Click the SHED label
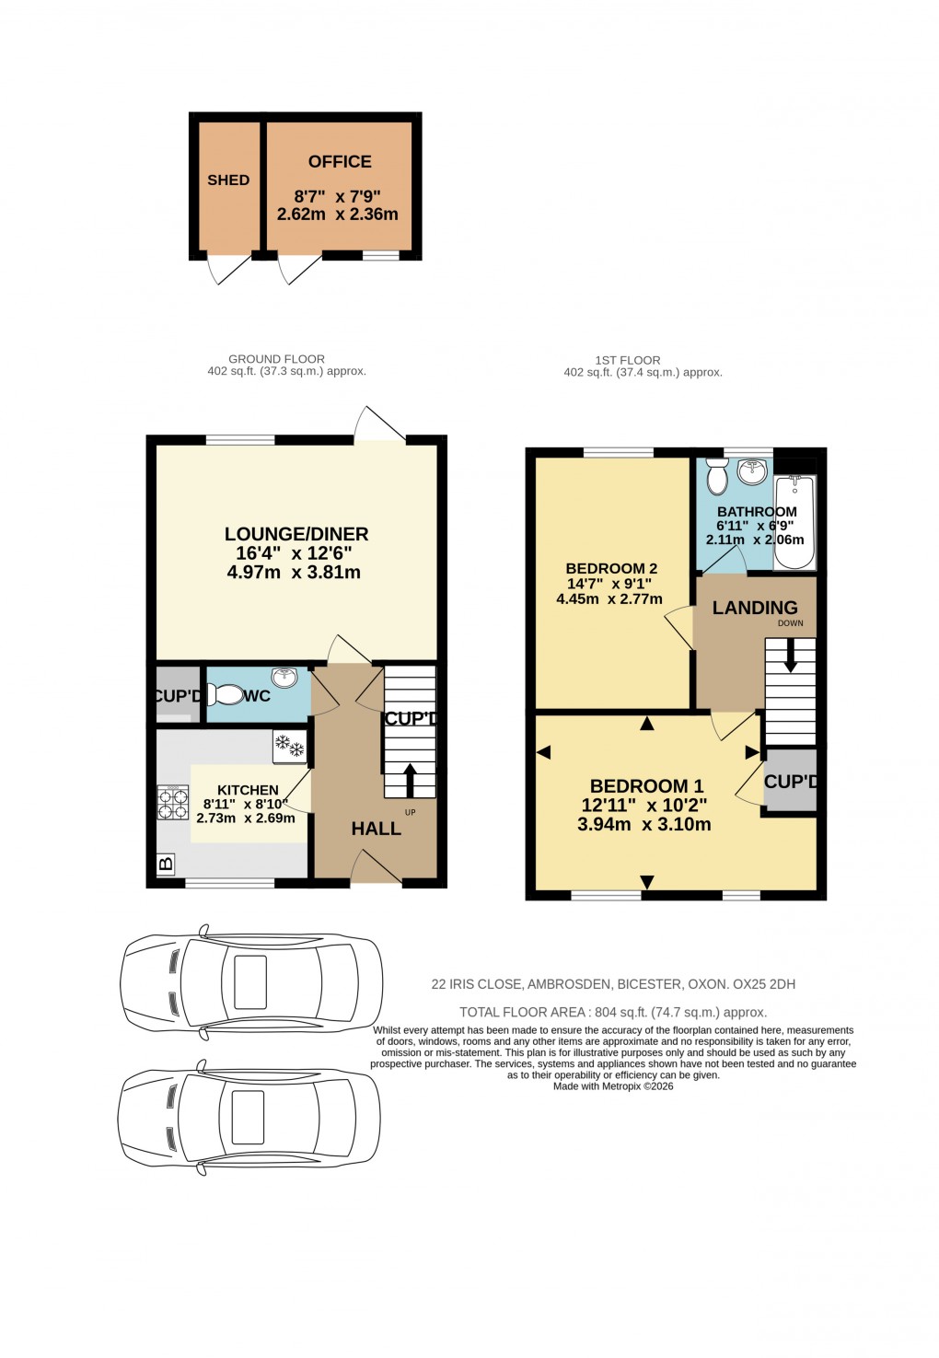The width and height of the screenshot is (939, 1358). click(x=228, y=180)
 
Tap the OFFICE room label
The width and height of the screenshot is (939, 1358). click(x=340, y=162)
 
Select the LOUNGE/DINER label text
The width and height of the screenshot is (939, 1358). click(x=296, y=534)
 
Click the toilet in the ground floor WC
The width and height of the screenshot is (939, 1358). click(x=225, y=695)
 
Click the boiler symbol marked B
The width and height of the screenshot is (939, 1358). click(x=166, y=864)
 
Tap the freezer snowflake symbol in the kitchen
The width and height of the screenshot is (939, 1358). click(x=290, y=746)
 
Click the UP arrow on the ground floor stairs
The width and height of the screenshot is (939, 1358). click(x=410, y=780)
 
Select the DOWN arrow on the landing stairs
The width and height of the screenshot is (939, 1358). click(x=790, y=655)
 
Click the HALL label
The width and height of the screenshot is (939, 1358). click(x=376, y=829)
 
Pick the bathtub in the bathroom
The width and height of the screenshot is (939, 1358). click(x=794, y=522)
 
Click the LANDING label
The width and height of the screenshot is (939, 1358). click(x=755, y=608)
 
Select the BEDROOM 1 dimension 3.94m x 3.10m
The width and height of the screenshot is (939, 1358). click(x=644, y=825)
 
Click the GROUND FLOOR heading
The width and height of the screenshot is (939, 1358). click(x=276, y=359)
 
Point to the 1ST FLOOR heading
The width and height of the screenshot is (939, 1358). click(x=628, y=360)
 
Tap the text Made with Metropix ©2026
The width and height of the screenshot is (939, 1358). click(x=613, y=1086)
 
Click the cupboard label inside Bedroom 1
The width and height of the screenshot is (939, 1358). click(x=791, y=782)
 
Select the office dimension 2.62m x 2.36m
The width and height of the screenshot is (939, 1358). click(x=338, y=215)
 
